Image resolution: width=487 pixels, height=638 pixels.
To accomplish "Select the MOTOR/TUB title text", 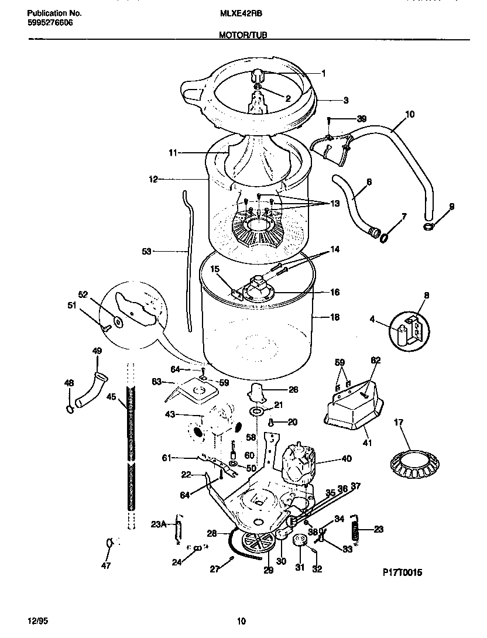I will [x=244, y=36].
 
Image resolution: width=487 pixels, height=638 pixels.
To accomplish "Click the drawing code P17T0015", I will [x=398, y=573].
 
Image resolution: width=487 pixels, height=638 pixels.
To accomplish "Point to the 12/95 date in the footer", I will [x=36, y=621].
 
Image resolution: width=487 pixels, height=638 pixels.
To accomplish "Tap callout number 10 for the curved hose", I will [x=409, y=115].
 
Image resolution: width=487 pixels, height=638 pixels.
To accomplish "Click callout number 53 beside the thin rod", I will [x=146, y=251].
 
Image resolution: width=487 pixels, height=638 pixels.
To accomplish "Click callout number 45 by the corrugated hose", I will [x=111, y=396].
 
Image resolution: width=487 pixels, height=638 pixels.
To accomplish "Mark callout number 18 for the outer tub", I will [x=335, y=317].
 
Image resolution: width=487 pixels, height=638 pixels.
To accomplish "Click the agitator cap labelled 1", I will [x=258, y=76].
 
